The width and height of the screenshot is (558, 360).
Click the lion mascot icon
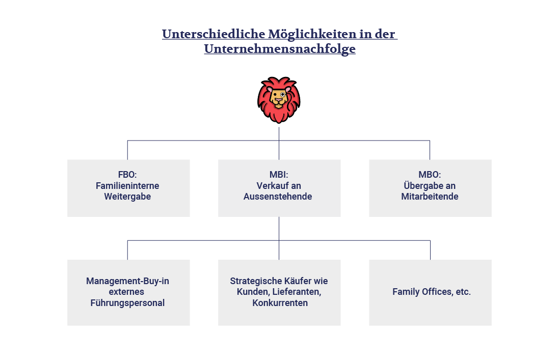point(279,100)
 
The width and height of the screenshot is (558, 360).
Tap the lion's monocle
point(283,94)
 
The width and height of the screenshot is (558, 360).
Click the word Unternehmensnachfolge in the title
point(279,49)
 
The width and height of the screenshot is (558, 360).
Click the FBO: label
point(127,175)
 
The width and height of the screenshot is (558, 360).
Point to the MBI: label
point(279,175)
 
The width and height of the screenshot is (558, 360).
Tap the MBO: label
point(430,175)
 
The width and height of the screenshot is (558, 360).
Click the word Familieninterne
point(127,186)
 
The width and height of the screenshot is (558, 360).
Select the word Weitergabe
point(127,197)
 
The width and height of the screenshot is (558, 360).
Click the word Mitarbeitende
point(430,197)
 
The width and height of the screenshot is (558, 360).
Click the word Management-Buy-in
point(127,281)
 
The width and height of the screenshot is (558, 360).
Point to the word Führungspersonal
point(128,303)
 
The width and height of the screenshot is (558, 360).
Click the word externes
point(126,292)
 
